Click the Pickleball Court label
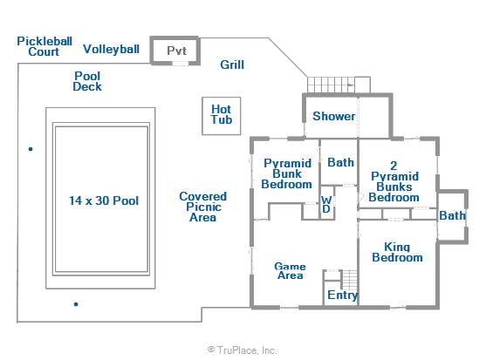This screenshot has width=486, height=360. (44, 46)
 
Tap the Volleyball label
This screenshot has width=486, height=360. (112, 49)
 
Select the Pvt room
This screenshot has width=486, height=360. (175, 51)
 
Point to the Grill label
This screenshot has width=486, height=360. (232, 65)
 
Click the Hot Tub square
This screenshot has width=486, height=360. (222, 116)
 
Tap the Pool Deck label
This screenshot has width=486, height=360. (87, 81)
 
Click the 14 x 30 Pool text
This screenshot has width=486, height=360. (104, 200)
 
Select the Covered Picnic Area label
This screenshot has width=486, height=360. (203, 207)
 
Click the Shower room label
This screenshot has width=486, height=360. (334, 117)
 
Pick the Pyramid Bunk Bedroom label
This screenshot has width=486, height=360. (287, 173)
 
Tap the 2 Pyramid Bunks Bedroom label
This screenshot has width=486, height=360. (394, 181)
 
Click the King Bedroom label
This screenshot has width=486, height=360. (397, 252)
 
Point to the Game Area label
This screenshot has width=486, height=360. (290, 271)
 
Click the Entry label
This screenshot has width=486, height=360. (343, 295)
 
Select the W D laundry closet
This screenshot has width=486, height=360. (326, 203)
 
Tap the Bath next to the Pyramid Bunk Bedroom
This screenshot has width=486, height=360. (339, 162)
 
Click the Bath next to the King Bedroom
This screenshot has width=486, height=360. (452, 215)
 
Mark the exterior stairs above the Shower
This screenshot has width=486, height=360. (339, 85)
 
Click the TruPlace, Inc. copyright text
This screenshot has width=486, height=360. (243, 350)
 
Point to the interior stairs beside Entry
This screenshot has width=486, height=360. (350, 280)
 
